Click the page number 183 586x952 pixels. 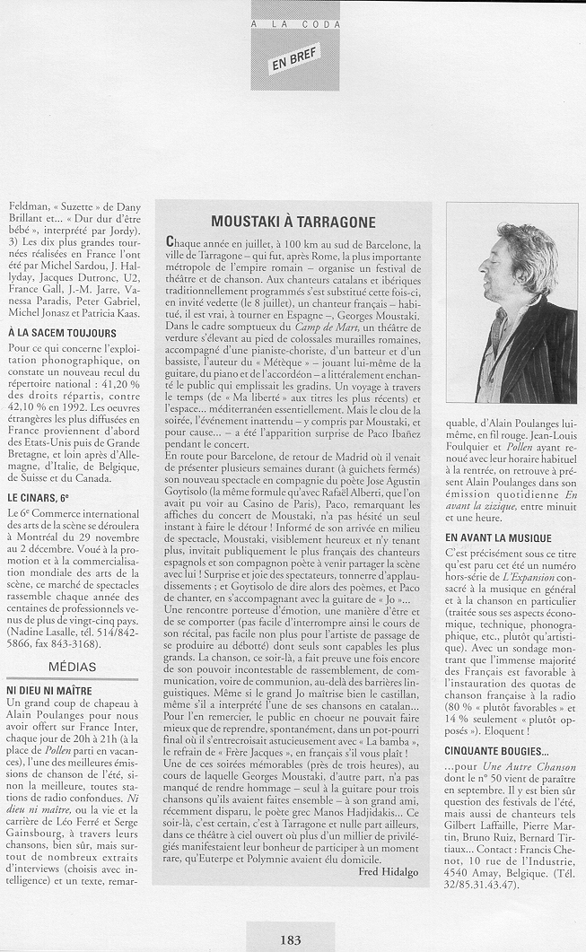click(290, 939)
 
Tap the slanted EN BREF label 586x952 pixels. click(295, 59)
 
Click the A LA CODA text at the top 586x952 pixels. click(295, 25)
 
